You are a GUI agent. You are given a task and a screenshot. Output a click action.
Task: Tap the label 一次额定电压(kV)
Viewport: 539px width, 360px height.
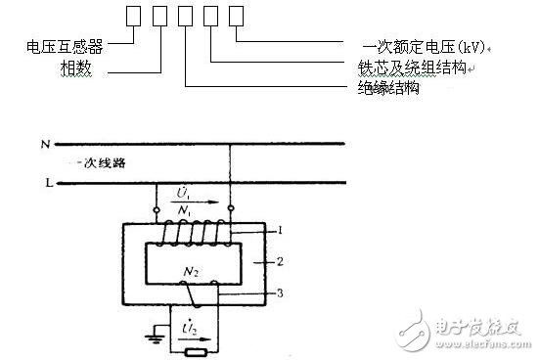[422, 45]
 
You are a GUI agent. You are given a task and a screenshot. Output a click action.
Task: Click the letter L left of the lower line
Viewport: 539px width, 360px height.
[46, 183]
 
